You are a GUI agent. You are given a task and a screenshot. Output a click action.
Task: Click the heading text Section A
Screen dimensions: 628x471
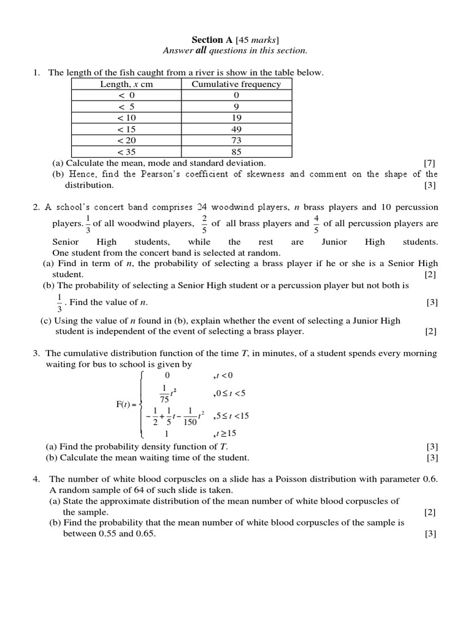click(x=209, y=40)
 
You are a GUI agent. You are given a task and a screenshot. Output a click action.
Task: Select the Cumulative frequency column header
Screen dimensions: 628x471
click(x=236, y=84)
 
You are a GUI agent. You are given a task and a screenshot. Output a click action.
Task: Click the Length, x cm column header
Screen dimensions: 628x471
click(x=126, y=84)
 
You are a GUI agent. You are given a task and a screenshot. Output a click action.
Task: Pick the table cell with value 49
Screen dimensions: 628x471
click(x=237, y=129)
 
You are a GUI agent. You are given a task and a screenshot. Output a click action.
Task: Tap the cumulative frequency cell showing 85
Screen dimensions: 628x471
click(x=237, y=152)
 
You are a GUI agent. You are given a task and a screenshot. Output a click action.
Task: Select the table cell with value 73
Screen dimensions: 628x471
click(x=237, y=140)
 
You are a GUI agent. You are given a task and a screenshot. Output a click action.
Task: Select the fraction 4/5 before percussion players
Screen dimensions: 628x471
click(x=316, y=224)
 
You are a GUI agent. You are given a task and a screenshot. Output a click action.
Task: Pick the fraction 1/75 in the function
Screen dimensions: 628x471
click(x=164, y=393)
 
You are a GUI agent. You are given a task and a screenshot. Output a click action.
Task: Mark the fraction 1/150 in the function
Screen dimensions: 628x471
click(x=190, y=416)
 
